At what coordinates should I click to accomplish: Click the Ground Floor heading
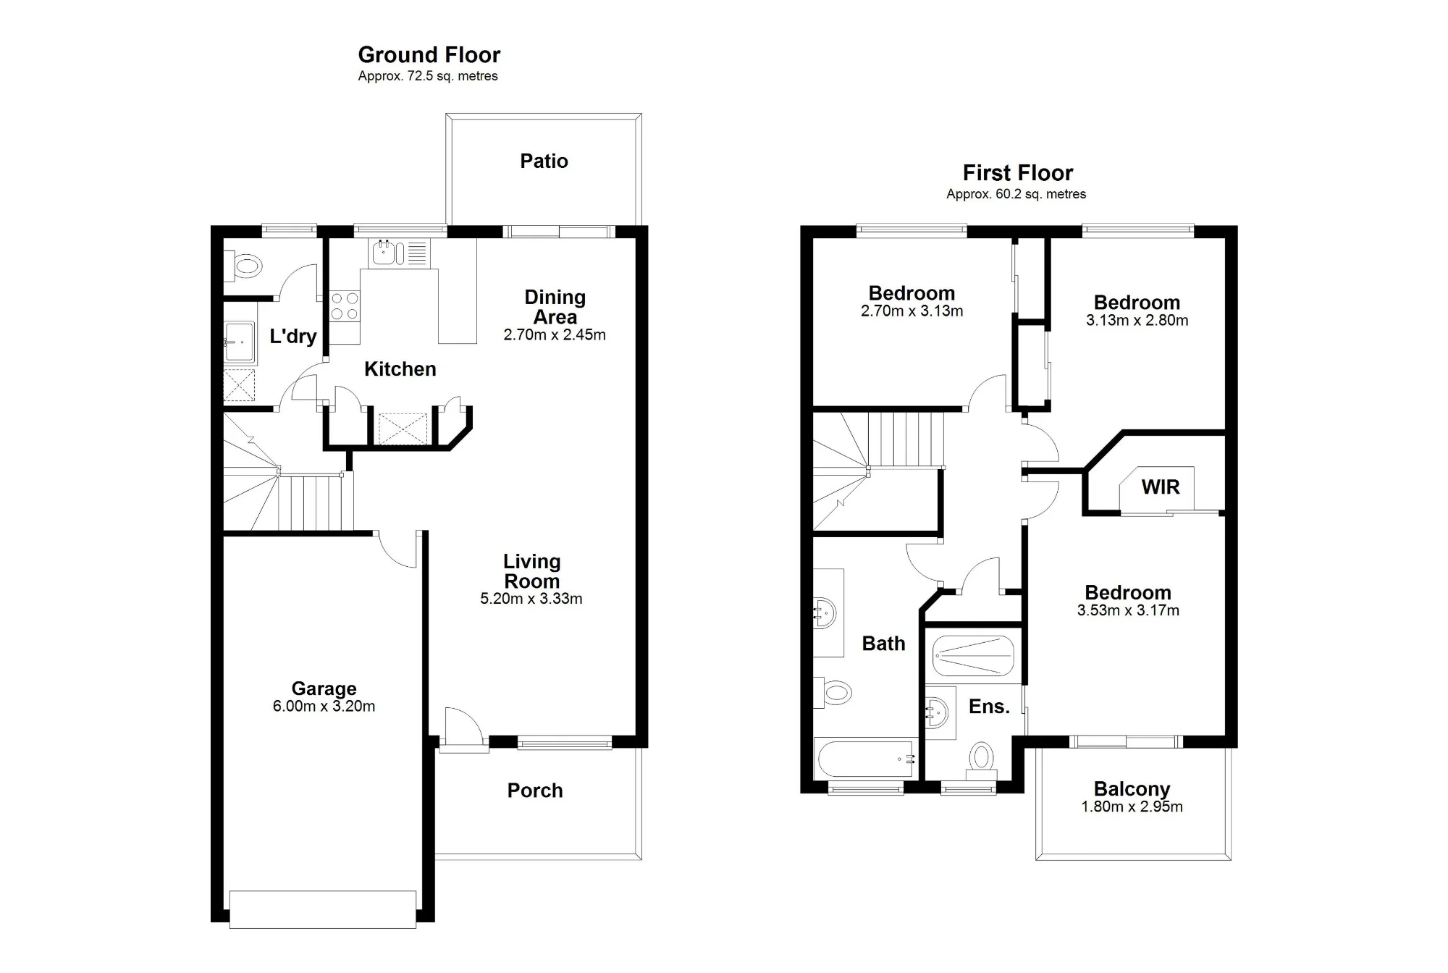coord(429,55)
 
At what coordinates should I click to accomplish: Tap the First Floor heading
coord(1017,173)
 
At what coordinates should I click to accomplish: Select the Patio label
coord(544,161)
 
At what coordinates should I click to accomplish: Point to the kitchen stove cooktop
coord(345,306)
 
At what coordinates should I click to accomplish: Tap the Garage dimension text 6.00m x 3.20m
coord(324,707)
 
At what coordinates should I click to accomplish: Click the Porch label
coord(535,791)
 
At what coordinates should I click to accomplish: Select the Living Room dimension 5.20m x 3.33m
coord(531,599)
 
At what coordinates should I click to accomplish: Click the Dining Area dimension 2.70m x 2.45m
coord(555,335)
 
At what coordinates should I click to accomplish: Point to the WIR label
coord(1161,487)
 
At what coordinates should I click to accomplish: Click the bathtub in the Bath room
coord(867,759)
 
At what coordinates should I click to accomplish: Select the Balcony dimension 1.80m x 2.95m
coord(1132,807)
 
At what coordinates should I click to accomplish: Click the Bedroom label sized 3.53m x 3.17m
coord(1128,593)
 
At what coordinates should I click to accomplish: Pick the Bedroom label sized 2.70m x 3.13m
coord(912,293)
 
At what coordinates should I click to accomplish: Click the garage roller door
coord(323,909)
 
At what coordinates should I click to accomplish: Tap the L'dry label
coord(292,336)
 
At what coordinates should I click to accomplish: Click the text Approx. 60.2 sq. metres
coord(1016,194)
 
